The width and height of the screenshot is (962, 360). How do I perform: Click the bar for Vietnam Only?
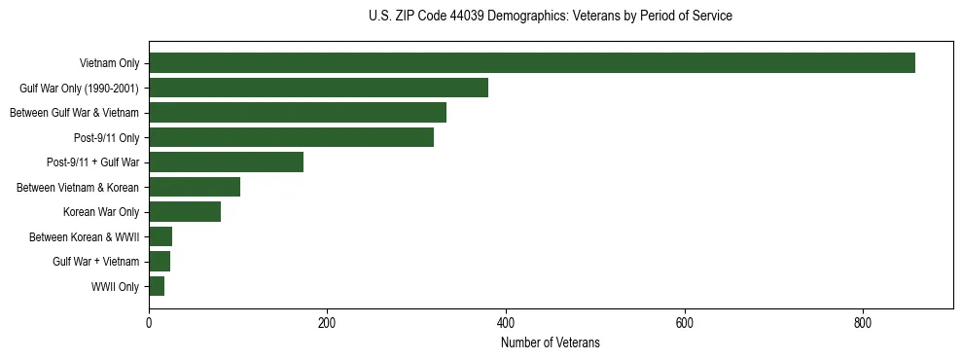coord(531,63)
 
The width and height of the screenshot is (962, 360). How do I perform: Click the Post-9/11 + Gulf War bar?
coord(226,162)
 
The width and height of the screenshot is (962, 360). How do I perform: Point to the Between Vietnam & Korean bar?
coord(195,187)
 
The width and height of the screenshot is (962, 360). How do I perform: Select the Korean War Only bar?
coord(185,212)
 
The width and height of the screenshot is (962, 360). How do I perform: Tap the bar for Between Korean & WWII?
coord(160,236)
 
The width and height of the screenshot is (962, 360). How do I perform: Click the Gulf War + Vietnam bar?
coord(160,262)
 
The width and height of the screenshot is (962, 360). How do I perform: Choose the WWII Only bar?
coord(157,286)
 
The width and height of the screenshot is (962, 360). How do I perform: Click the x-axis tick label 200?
coord(327,323)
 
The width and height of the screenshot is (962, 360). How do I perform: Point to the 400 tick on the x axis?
coord(506,323)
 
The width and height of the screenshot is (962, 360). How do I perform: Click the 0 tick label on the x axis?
coord(149,323)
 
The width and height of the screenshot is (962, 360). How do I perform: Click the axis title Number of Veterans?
coord(551,342)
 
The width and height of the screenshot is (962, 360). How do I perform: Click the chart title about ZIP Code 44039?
coord(551,17)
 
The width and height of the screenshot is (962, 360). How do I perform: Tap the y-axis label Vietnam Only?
coord(110,63)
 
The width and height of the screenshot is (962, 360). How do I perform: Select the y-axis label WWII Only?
coord(115,287)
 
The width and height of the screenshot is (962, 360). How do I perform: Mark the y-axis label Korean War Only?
coord(101,212)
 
